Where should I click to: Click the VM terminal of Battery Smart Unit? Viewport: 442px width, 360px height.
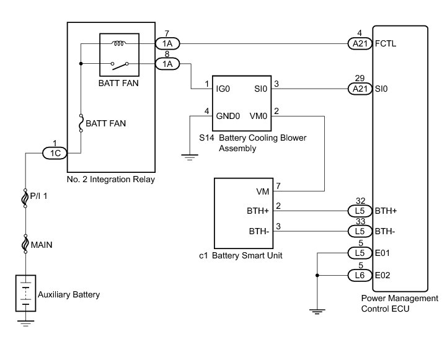[x=262, y=191]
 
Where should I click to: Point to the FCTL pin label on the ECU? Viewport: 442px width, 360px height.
[x=387, y=44]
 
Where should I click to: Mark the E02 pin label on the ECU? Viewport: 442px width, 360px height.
[x=384, y=274]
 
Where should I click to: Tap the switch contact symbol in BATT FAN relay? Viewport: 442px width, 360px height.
[x=120, y=64]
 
